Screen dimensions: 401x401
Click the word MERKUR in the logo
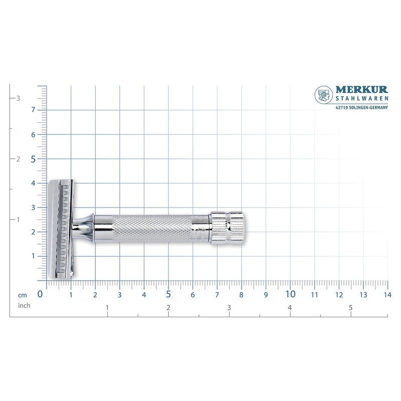361,91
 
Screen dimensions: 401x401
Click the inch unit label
25,305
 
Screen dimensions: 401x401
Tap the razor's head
61,229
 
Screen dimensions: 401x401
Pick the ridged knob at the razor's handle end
227,229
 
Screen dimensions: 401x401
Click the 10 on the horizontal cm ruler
290,294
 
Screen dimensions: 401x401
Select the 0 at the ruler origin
40,294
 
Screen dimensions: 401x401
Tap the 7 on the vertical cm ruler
33,110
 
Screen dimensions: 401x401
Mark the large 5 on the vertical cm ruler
33,159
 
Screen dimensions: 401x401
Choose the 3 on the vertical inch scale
18,98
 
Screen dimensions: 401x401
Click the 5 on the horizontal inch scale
351,307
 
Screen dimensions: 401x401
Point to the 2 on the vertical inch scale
18,159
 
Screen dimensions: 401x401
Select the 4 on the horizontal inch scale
290,307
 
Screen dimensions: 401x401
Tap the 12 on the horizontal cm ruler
339,295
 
